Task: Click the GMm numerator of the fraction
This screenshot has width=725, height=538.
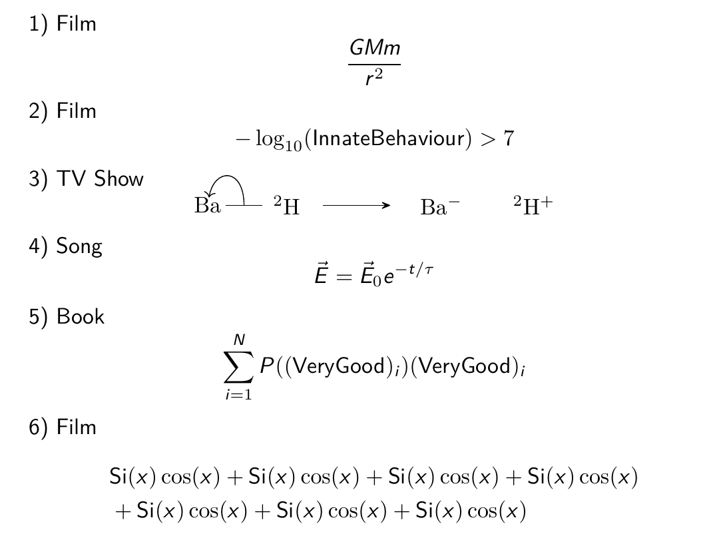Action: (x=375, y=47)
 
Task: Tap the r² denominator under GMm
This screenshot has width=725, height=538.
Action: (x=374, y=77)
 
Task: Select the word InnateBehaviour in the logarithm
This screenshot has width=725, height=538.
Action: (x=388, y=138)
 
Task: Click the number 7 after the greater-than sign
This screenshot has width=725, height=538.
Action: (x=509, y=138)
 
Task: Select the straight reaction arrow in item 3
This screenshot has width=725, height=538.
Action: (x=356, y=205)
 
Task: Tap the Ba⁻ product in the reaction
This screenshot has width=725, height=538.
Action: (x=440, y=206)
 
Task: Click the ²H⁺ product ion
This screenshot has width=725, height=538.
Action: (x=533, y=205)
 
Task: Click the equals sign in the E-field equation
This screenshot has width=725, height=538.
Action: (x=344, y=276)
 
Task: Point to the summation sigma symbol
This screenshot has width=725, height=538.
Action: (x=238, y=367)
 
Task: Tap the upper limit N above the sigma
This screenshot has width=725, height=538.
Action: (x=239, y=340)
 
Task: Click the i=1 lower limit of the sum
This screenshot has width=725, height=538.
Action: (x=238, y=395)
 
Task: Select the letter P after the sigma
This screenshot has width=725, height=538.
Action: (x=267, y=366)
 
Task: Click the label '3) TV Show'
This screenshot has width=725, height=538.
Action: (x=86, y=178)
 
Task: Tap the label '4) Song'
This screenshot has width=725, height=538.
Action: (x=65, y=246)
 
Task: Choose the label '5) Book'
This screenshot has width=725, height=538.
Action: (x=67, y=316)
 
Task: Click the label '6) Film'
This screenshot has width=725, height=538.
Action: (x=63, y=427)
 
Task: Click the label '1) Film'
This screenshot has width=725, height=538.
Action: (x=63, y=23)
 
